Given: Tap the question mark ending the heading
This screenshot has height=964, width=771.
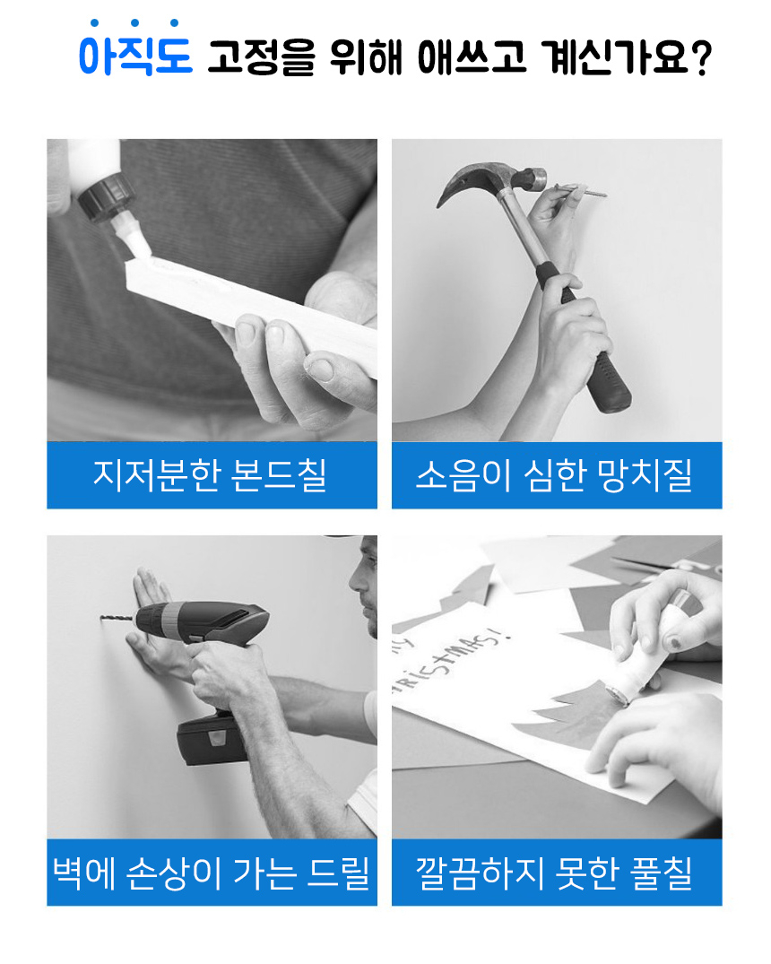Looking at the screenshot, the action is click(700, 57).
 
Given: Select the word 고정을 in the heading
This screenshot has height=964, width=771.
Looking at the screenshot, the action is click(261, 57).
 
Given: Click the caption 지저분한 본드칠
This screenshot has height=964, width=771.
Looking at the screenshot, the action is click(211, 474).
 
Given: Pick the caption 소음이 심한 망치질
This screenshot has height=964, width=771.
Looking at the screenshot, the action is click(555, 474).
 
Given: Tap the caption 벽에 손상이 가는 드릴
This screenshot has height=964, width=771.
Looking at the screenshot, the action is click(212, 872).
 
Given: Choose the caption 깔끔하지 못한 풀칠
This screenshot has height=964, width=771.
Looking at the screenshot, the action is click(555, 872).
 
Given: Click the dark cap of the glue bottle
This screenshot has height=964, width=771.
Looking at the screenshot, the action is click(106, 196).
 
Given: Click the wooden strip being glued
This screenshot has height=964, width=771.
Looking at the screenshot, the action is click(251, 310).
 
